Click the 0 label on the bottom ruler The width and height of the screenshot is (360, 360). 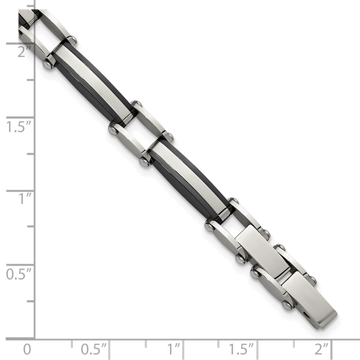point(27,350)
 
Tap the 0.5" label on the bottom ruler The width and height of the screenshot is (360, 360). point(94,349)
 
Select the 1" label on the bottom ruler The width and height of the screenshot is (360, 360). point(173,349)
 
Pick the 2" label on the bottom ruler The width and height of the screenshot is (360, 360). point(322,349)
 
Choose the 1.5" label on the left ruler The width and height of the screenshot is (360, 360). point(19,126)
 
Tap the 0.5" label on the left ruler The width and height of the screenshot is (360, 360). point(19,274)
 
